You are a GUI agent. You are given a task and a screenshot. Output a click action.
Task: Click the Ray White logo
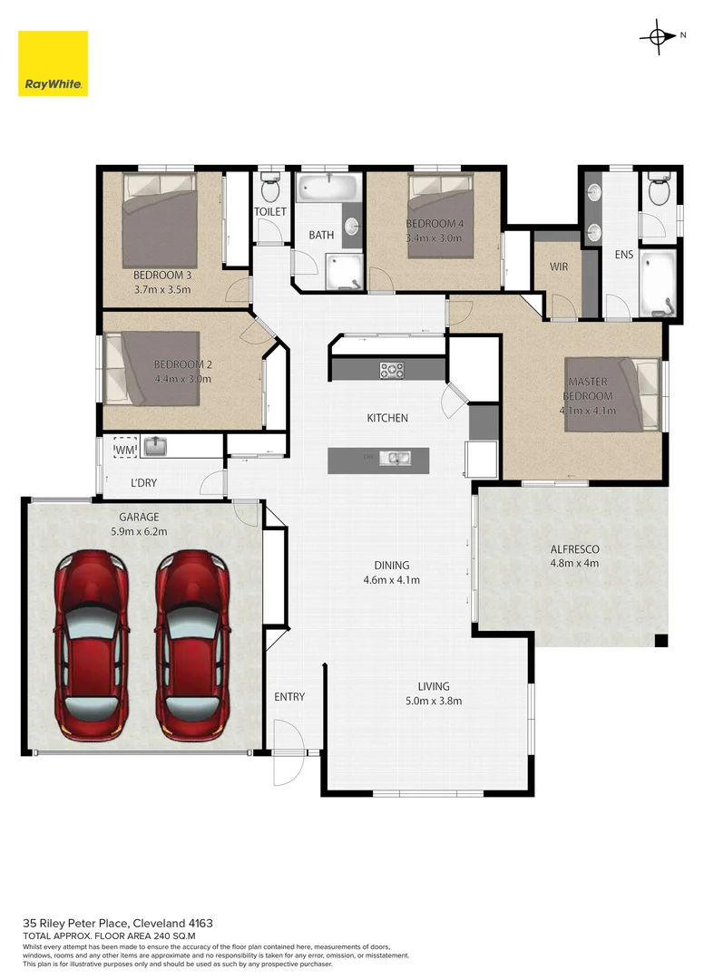click(53, 63)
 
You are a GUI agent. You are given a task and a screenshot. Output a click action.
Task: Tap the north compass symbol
click(656, 36)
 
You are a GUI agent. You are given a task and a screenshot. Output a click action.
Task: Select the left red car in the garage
click(90, 645)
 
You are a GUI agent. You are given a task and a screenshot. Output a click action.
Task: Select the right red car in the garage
click(191, 645)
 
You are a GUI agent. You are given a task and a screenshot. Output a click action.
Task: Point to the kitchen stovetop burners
click(392, 369)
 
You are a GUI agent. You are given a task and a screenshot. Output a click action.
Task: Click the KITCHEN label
click(387, 418)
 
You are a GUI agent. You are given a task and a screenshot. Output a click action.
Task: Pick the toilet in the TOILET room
click(269, 189)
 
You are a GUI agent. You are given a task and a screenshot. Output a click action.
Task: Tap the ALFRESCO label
click(575, 549)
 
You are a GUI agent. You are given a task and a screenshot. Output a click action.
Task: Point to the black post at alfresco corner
click(661, 641)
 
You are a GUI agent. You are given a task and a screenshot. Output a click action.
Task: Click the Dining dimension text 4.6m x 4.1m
click(391, 580)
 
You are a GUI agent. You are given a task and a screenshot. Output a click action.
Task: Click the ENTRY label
click(289, 697)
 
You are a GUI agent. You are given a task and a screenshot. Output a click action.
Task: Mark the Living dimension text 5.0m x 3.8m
click(433, 701)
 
